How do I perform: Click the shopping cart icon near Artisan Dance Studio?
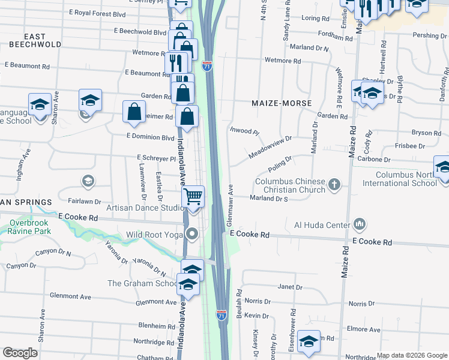[x=193, y=196]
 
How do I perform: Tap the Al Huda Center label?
[x=321, y=225]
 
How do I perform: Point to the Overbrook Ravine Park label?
[x=28, y=226]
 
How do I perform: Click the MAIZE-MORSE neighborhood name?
[x=282, y=103]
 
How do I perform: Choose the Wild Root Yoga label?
[x=154, y=235]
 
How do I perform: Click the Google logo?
[x=20, y=353]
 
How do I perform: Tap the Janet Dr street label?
[x=290, y=287]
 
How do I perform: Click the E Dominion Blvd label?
[x=150, y=137]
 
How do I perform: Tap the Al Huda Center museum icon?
[x=360, y=224]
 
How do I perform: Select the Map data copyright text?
[x=412, y=355]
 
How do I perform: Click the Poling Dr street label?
[x=280, y=161]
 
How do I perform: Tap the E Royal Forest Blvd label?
[x=97, y=13]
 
